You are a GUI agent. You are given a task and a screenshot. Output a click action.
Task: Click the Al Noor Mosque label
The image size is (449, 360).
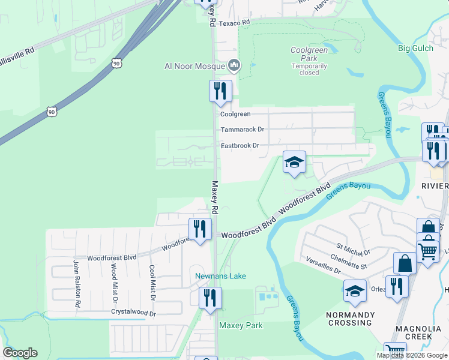pos(194,66)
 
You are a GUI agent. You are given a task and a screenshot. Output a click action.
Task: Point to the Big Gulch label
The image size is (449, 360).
pos(415,48)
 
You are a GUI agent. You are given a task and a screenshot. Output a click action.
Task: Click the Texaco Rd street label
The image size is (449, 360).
pos(234,22)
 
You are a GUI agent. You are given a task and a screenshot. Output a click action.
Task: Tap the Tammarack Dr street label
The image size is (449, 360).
pos(242,129)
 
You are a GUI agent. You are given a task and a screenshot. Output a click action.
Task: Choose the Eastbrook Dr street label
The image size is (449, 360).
pos(240,145)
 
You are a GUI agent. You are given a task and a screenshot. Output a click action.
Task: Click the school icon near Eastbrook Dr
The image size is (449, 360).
pos(294,162)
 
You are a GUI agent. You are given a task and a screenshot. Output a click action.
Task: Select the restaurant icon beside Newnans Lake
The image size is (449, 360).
pos(210,298)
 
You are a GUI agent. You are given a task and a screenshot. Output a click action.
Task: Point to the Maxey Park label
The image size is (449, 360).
pos(241,326)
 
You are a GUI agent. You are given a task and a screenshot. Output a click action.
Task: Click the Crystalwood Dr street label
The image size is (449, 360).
pos(133,312)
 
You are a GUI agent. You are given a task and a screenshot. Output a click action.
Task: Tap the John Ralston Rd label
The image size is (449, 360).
pos(77,283)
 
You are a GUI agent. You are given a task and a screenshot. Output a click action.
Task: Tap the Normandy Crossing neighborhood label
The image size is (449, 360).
pos(351,319)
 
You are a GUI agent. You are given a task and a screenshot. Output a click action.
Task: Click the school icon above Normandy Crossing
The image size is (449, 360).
pos(355,291)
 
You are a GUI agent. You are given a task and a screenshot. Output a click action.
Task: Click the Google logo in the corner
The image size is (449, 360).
pos(20,353)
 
